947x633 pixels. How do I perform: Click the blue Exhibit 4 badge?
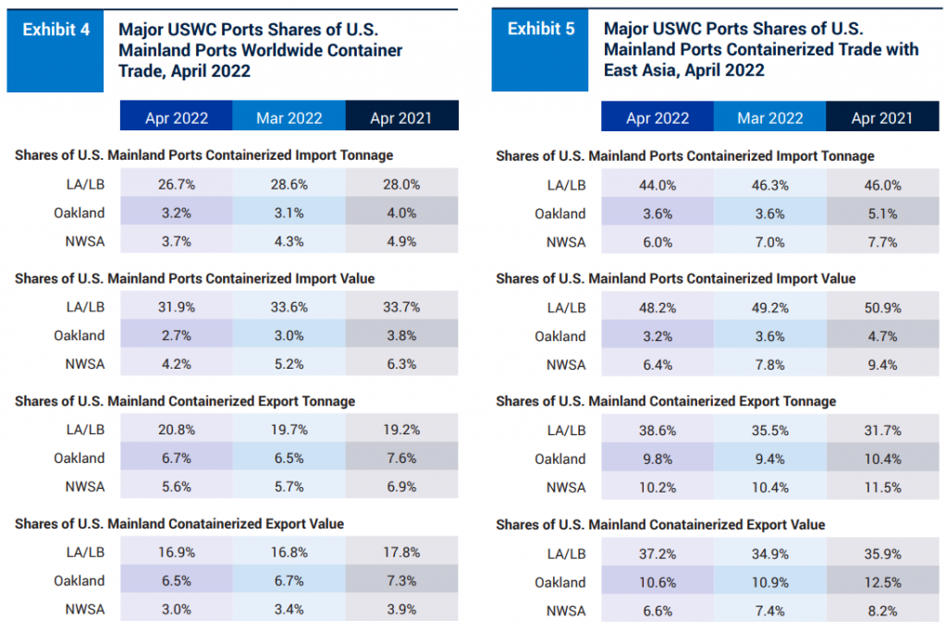point(55,30)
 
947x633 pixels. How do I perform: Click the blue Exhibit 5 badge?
point(540,30)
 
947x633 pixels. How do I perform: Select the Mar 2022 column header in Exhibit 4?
point(289,117)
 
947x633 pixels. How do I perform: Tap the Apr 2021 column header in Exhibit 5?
point(882,117)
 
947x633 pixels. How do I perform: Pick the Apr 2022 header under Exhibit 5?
point(658,117)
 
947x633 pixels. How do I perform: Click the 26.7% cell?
point(176,184)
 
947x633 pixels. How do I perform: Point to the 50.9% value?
point(882,308)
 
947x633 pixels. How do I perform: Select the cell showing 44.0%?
point(658,185)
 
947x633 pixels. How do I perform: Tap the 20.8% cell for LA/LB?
point(176,430)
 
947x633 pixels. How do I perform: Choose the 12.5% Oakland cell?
point(882,582)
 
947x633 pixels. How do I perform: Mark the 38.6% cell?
point(658,430)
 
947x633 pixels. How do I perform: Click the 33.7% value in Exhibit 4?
point(400,307)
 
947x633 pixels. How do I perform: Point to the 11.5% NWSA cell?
point(882,488)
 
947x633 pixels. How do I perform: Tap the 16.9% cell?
point(176,553)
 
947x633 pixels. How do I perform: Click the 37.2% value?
point(658,554)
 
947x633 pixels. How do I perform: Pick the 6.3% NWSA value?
point(400,364)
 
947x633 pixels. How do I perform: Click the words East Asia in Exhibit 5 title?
point(638,70)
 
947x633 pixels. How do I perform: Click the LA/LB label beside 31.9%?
point(86,307)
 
